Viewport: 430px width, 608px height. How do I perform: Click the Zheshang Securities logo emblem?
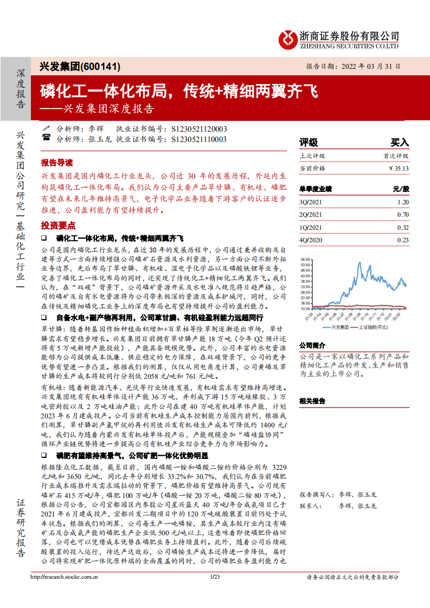pyautogui.click(x=287, y=39)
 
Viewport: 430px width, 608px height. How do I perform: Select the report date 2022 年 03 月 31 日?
pyautogui.click(x=374, y=67)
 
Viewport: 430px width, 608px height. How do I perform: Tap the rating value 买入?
pyautogui.click(x=400, y=143)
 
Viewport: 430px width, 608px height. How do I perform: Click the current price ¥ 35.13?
pyautogui.click(x=398, y=169)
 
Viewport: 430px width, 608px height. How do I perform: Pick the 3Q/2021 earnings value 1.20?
pyautogui.click(x=402, y=202)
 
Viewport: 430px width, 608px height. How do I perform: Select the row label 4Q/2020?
pyautogui.click(x=311, y=240)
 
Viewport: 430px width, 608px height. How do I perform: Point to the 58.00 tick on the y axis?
pyautogui.click(x=305, y=259)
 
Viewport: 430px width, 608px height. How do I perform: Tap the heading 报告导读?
pyautogui.click(x=56, y=163)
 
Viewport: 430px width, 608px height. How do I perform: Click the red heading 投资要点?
pyautogui.click(x=56, y=225)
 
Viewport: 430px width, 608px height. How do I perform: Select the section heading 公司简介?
pyautogui.click(x=312, y=346)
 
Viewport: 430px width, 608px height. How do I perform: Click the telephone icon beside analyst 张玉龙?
pyautogui.click(x=46, y=139)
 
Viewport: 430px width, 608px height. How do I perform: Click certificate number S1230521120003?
pyautogui.click(x=199, y=129)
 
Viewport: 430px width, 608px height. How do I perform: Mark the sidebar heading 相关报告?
pyautogui.click(x=312, y=401)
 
